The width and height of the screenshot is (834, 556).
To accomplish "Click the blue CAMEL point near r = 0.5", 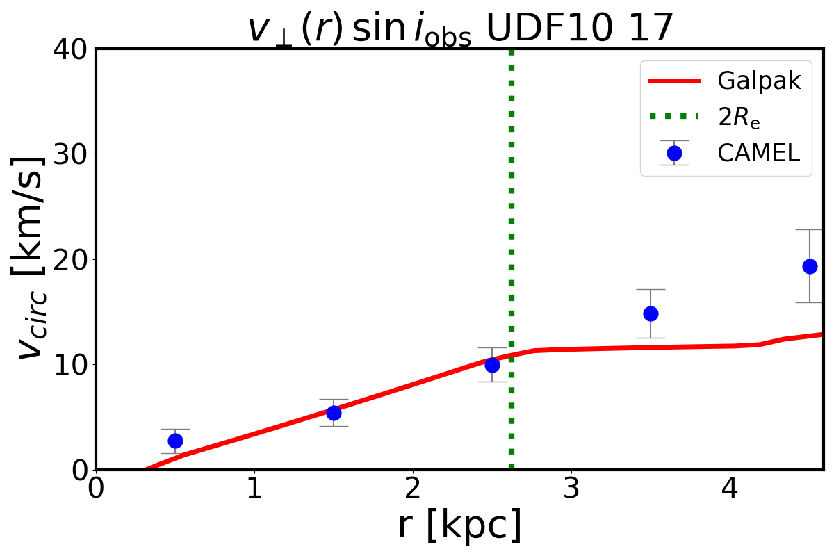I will pyautogui.click(x=175, y=441).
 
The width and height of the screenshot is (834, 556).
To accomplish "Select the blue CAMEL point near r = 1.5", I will pyautogui.click(x=334, y=413).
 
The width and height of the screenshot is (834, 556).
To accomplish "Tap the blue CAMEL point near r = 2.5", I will pyautogui.click(x=492, y=364).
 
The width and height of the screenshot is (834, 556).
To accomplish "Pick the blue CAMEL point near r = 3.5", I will pyautogui.click(x=651, y=313).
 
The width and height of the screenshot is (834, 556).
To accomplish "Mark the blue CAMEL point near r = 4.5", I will pyautogui.click(x=810, y=266).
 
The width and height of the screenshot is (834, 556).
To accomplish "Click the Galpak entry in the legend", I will pyautogui.click(x=758, y=81).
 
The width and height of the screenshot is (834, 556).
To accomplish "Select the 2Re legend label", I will pyautogui.click(x=739, y=117).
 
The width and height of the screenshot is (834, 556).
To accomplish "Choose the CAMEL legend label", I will pyautogui.click(x=759, y=153).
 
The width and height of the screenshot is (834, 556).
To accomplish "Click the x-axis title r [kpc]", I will pyautogui.click(x=459, y=526).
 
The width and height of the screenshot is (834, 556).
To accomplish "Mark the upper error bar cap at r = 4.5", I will pyautogui.click(x=810, y=229).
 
